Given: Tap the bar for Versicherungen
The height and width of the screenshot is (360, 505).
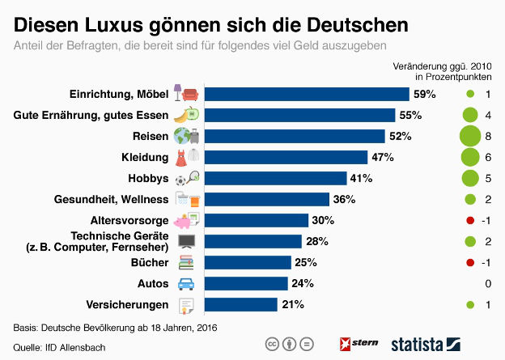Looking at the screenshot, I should [x=240, y=304].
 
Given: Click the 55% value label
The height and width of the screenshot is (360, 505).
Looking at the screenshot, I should [x=410, y=115].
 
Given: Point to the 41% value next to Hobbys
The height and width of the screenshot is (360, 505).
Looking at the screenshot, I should [x=361, y=178].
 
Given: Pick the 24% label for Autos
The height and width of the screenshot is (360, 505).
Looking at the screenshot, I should [x=302, y=283].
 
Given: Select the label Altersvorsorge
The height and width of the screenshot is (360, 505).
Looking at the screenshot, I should [x=130, y=220].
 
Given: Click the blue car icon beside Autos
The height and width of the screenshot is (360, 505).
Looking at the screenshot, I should [x=186, y=283].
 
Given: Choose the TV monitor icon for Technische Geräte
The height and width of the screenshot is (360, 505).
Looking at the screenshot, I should [x=186, y=241].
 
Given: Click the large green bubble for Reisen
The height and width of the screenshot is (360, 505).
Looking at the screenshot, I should [x=469, y=136].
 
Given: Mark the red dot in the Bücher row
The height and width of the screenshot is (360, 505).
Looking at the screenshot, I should [x=469, y=262].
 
